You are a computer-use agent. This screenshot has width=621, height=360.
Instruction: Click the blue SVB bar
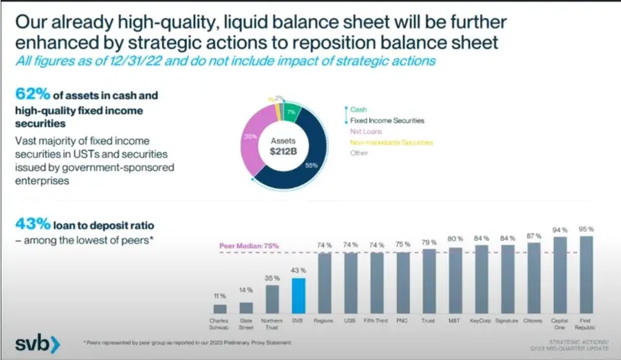tap(298, 295)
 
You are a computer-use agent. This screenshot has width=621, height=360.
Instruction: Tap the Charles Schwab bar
tap(220, 309)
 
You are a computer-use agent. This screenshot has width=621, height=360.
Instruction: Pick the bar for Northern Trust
tap(272, 299)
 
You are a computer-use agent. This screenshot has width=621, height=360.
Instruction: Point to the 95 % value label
tap(586, 228)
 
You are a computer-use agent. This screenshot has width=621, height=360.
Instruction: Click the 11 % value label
tap(220, 296)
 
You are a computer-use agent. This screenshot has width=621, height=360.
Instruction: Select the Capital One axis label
tap(560, 325)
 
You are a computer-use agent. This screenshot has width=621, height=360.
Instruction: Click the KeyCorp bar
tap(482, 279)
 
